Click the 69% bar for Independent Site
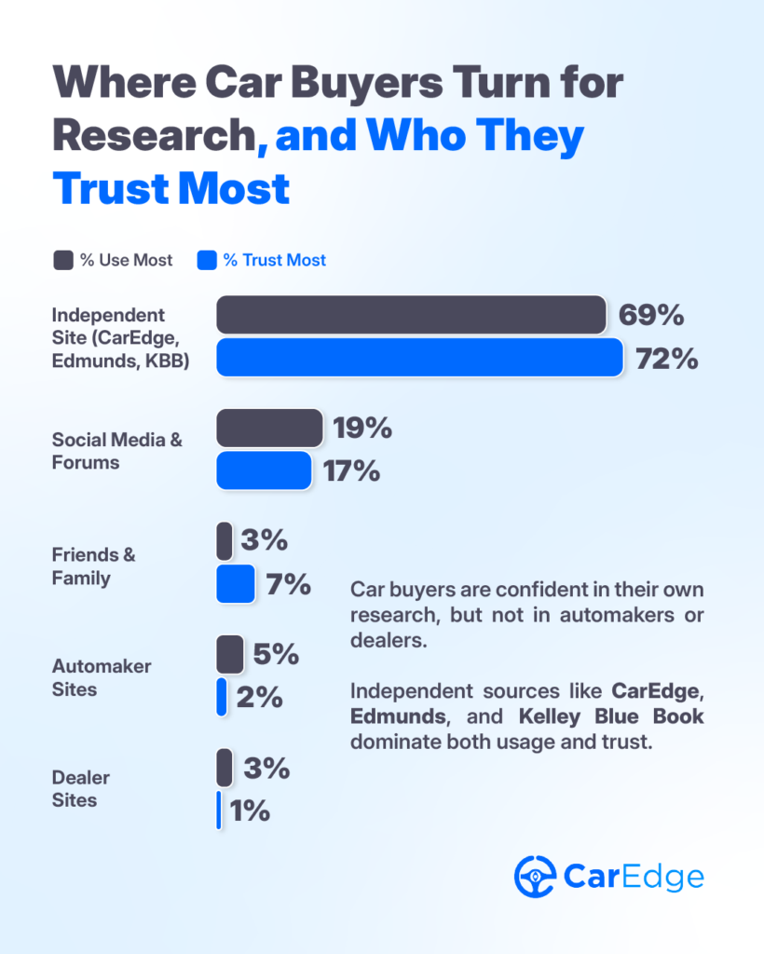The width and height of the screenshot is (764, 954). point(411,315)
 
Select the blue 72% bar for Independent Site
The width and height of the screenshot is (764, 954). point(419,358)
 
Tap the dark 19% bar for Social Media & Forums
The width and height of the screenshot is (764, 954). point(269,428)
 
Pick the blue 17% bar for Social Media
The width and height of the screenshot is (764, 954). point(264,470)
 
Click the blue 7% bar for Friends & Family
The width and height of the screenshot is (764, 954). point(235,584)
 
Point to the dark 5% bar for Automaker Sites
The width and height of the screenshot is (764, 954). point(229,654)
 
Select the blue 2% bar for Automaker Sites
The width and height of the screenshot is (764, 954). point(222,697)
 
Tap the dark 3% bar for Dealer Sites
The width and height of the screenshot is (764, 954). point(225,768)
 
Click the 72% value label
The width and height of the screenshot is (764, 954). point(667,359)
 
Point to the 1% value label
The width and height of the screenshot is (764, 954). point(250,811)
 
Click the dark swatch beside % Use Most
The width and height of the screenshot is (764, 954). point(62,260)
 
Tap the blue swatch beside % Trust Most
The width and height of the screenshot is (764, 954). point(206,260)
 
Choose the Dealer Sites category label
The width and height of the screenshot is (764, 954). point(81,788)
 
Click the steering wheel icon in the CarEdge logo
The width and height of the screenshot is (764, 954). point(535,876)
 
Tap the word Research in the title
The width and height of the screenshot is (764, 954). point(154,136)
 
